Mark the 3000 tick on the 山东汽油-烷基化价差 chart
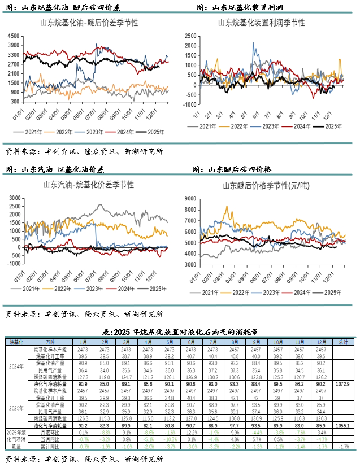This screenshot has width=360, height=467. point(14,198)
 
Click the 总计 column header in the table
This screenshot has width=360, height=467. point(342,342)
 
